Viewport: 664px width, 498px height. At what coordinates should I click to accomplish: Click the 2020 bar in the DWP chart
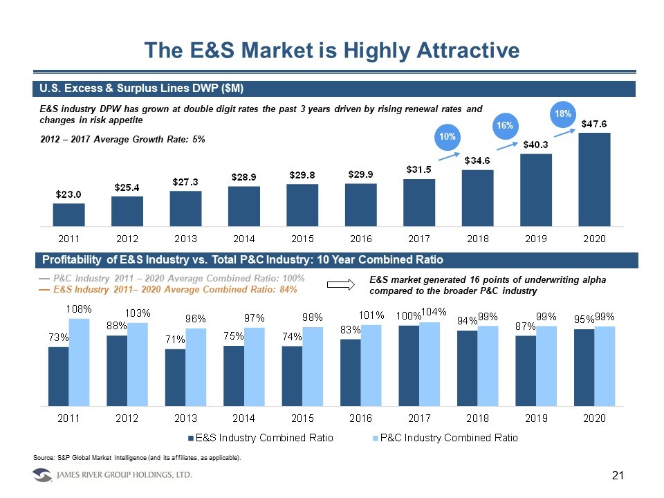coord(594,179)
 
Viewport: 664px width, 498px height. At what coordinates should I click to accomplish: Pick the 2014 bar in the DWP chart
coord(244,205)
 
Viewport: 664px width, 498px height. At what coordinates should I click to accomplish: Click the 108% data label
coord(80,309)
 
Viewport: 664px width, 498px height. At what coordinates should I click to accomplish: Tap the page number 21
coord(618,475)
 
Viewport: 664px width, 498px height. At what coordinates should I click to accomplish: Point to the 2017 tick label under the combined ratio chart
coord(419,418)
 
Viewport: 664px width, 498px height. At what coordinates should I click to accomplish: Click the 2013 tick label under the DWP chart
coord(185,239)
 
